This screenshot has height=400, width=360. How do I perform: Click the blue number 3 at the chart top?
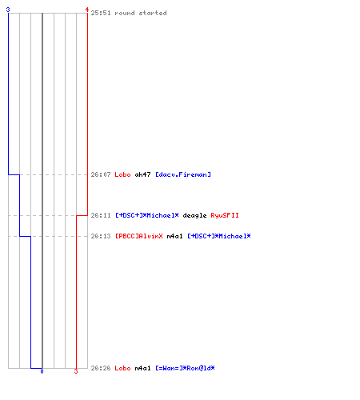[8, 10]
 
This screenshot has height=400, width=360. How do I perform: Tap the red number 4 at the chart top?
[87, 10]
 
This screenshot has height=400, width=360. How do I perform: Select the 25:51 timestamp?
[101, 13]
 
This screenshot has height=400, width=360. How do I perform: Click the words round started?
[141, 13]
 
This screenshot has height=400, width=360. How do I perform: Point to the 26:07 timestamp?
[101, 174]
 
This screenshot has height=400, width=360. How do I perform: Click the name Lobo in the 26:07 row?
[122, 174]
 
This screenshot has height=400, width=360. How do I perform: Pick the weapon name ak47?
[142, 174]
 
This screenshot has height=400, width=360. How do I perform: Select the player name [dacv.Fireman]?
[183, 174]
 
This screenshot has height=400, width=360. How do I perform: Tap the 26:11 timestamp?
[101, 215]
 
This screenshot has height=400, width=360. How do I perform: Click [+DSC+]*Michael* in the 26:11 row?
[147, 215]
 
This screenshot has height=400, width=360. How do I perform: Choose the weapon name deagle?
[194, 216]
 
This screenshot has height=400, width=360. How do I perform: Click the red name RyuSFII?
[225, 215]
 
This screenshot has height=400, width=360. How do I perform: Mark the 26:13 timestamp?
[101, 236]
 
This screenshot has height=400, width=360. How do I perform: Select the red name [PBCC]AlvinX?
[139, 236]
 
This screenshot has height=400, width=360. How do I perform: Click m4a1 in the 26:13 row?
[175, 236]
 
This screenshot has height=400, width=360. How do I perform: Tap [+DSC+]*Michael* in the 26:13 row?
[219, 236]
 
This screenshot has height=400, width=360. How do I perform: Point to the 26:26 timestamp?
[101, 368]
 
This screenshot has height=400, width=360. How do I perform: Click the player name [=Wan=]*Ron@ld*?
[185, 368]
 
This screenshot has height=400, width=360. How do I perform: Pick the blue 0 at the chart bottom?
[42, 371]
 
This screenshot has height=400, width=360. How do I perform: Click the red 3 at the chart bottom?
[76, 371]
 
